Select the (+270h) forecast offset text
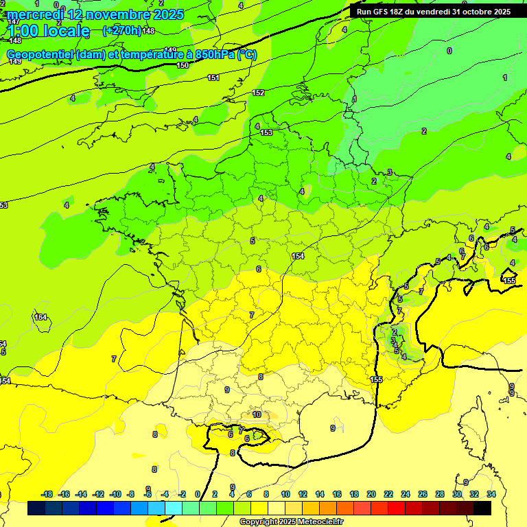[121, 30]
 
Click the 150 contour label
[183, 65]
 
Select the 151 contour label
[213, 78]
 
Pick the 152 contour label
[258, 93]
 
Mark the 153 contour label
[266, 132]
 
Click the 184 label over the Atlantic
[41, 317]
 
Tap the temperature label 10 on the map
[257, 414]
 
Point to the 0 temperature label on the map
[449, 51]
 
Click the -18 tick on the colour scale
[47, 494]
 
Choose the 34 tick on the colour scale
[491, 494]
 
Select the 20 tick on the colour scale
[371, 494]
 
